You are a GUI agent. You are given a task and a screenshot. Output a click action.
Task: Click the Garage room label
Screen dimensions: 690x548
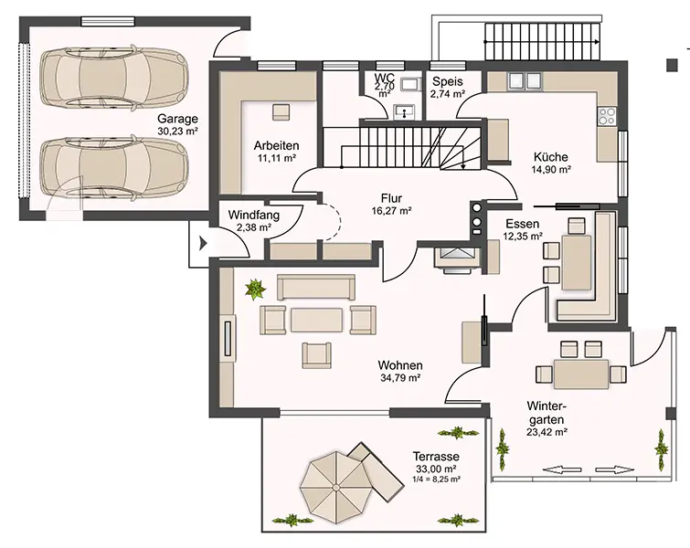coord(177,119)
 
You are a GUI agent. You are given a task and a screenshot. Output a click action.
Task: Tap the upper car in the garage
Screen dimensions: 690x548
coord(114,77)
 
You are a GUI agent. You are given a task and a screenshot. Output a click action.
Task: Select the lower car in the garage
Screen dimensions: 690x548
coord(114,166)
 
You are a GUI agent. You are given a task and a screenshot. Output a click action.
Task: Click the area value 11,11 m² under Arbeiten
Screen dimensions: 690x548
coord(276,158)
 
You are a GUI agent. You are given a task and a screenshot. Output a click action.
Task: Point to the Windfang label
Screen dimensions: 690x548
coord(253,215)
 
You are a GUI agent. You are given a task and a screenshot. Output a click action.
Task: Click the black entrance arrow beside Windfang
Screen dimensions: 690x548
coord(203,243)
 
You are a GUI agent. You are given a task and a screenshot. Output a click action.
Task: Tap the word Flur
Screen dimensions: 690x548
coord(391,198)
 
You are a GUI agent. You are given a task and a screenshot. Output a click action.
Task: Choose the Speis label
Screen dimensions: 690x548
coord(448,81)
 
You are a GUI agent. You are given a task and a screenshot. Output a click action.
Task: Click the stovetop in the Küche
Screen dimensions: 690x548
coord(607,116)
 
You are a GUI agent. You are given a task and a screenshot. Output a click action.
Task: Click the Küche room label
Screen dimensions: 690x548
coord(550,157)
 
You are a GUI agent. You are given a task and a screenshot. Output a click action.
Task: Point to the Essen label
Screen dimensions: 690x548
coord(523,224)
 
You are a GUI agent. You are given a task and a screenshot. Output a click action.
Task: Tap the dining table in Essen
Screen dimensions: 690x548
coord(577,262)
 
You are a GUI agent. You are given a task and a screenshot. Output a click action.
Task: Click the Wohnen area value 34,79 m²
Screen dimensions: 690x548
coord(400,377)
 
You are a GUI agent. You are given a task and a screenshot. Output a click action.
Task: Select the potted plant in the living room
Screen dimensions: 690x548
coord(255,290)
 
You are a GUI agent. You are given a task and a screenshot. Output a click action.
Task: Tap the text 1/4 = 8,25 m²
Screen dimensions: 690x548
coord(437,479)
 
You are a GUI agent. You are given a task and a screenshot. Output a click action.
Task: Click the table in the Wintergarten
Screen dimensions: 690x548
coord(581,374)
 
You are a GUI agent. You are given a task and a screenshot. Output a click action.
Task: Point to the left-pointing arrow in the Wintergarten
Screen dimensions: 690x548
coord(561,469)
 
